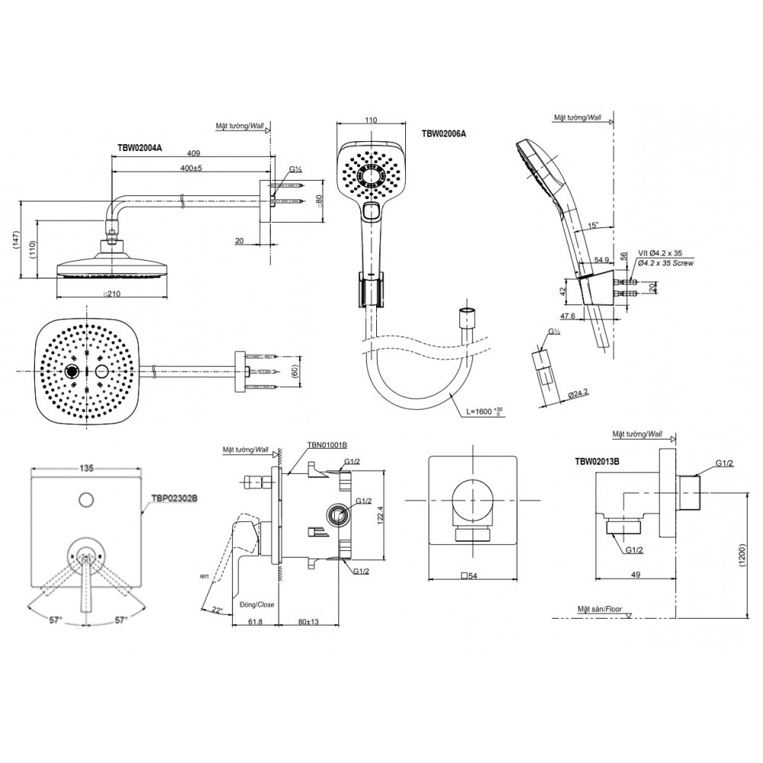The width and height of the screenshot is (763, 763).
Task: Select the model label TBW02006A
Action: pyautogui.click(x=443, y=133)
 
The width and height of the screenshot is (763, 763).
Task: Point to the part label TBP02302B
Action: pyautogui.click(x=175, y=497)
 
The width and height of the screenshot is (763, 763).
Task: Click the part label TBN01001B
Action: pyautogui.click(x=327, y=444)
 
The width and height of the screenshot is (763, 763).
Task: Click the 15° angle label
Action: pyautogui.click(x=594, y=225)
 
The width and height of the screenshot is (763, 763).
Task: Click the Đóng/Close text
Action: pyautogui.click(x=256, y=604)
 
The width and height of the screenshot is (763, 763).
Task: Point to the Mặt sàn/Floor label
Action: pyautogui.click(x=601, y=609)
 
